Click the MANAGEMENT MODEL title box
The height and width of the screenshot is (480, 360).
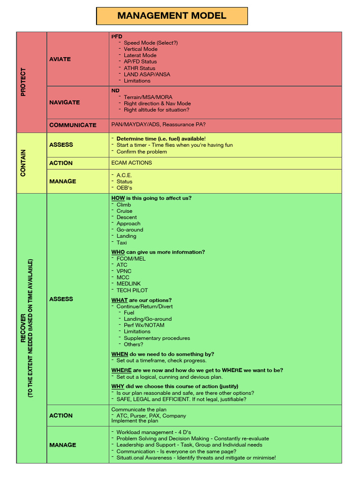tap(172, 16)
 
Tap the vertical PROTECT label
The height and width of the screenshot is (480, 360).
tap(23, 82)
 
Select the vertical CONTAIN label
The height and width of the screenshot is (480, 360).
tap(23, 163)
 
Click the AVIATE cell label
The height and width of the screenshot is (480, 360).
tap(60, 59)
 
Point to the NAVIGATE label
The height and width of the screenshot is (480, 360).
tap(65, 102)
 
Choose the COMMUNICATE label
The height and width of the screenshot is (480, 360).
tap(73, 125)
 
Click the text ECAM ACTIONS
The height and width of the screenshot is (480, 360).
tap(132, 163)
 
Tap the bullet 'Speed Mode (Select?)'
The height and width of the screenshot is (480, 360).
tap(150, 43)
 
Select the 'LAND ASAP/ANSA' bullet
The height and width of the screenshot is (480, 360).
tap(147, 74)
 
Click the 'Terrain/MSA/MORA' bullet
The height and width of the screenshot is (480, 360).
tap(148, 97)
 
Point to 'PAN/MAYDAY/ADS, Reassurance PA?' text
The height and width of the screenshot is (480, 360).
tap(158, 125)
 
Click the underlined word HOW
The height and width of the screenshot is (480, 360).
tap(118, 198)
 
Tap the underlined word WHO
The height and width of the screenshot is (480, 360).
tap(118, 252)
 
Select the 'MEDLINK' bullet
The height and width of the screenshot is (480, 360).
tap(128, 284)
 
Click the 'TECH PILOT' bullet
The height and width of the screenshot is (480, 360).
tap(132, 290)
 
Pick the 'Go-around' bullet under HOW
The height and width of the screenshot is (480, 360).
tap(130, 230)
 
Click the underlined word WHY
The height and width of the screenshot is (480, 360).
tap(118, 386)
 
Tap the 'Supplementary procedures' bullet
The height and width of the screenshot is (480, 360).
tap(157, 338)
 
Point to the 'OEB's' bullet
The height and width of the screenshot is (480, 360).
tap(124, 188)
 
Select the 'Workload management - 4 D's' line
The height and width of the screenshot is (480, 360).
tap(153, 432)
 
